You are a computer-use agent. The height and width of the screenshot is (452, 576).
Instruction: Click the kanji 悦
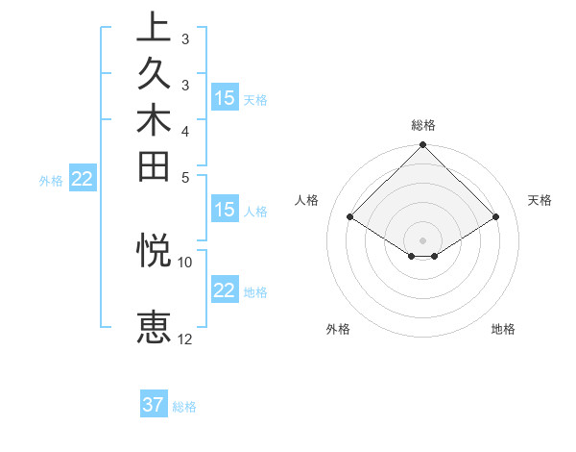(154, 250)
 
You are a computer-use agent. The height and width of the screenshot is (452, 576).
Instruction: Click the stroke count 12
(185, 339)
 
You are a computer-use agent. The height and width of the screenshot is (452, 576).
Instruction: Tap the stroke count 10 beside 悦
(185, 262)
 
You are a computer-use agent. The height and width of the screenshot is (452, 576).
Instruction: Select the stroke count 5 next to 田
(185, 177)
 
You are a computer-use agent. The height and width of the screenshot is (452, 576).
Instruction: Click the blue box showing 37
(154, 405)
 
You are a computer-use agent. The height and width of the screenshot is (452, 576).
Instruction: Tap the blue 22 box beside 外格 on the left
(83, 178)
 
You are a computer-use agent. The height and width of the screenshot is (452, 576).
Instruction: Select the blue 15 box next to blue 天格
(225, 98)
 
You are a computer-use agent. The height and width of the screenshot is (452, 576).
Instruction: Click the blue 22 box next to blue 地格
(225, 290)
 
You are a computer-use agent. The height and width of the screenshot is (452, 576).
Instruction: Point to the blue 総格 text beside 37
(185, 407)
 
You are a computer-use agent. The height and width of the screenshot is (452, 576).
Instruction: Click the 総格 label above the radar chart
(423, 125)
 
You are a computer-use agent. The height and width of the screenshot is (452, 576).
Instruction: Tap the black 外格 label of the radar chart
(338, 329)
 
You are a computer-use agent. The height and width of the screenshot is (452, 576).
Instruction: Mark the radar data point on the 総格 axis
(423, 146)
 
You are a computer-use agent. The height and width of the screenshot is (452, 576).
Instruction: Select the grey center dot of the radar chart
(423, 239)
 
